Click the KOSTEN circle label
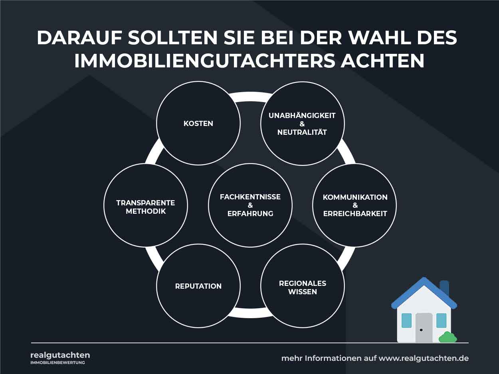(x=198, y=124)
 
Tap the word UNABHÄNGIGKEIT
(x=302, y=115)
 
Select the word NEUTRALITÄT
(x=302, y=132)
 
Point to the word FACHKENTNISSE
(x=250, y=197)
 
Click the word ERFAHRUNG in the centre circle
(x=250, y=214)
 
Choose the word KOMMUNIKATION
(x=355, y=197)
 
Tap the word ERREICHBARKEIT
(x=355, y=214)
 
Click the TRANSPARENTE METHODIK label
(x=145, y=207)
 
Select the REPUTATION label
(x=198, y=286)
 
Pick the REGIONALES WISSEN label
(x=302, y=287)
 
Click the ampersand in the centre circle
(x=250, y=205)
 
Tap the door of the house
(x=424, y=328)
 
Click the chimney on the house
(x=444, y=288)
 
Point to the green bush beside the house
(x=448, y=337)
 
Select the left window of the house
(x=406, y=321)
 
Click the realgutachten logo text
(x=60, y=355)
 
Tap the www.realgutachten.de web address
(x=424, y=358)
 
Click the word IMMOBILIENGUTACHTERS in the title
(x=204, y=61)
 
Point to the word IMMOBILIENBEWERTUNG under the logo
(x=58, y=363)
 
